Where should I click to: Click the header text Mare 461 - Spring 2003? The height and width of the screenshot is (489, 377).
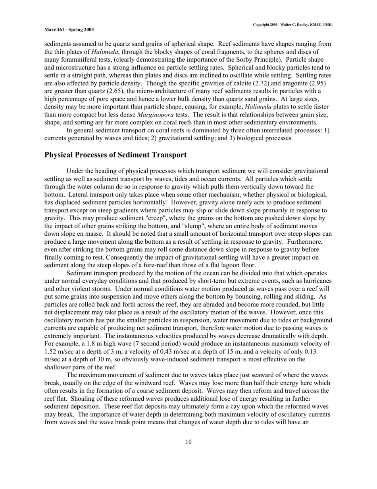(x=69, y=29)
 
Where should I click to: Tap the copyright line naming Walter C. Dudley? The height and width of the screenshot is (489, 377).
(x=293, y=25)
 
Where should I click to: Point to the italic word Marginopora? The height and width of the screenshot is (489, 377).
(x=154, y=115)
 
